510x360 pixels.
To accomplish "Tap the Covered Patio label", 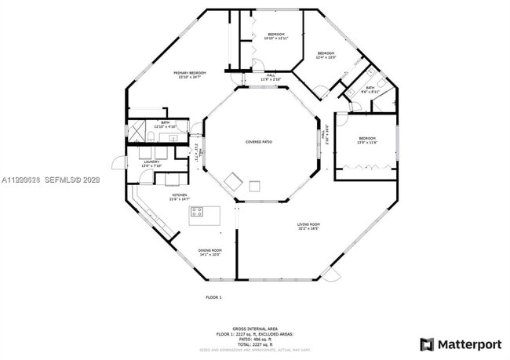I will point(258,142).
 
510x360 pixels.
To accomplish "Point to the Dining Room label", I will point(209,252).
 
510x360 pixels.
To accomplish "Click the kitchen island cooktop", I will point(196,212).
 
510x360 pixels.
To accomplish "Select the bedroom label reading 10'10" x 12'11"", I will point(276,36).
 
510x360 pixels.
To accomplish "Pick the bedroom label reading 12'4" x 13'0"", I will point(326,55).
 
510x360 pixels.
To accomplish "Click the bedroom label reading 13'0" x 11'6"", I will point(367,140).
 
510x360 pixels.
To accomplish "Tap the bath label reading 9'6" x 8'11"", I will point(370,90).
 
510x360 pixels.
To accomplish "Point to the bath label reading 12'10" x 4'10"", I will point(166,124).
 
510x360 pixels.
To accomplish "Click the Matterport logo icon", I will point(427,344).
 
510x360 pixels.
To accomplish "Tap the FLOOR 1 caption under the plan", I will point(213,297).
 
